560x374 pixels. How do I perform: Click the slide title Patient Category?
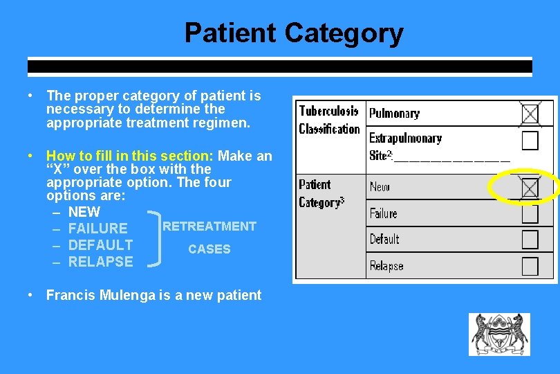294,33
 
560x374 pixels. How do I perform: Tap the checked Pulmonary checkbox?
530,114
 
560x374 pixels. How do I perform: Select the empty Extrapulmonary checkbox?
530,141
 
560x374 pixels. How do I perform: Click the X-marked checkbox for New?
530,187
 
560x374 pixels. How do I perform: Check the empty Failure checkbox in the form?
530,213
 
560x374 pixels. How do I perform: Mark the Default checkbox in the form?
530,240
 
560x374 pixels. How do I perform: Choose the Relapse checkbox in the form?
530,266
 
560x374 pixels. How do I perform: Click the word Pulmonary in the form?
394,113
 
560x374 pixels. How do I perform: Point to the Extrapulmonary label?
405,139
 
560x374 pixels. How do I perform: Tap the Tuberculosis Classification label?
329,120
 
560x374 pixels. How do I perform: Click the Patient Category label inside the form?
321,193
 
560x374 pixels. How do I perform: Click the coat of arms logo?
499,335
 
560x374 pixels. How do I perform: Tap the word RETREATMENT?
209,226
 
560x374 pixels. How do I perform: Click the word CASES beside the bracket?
209,249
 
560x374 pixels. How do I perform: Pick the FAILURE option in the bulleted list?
97,229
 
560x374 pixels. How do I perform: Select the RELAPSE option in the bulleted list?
100,262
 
